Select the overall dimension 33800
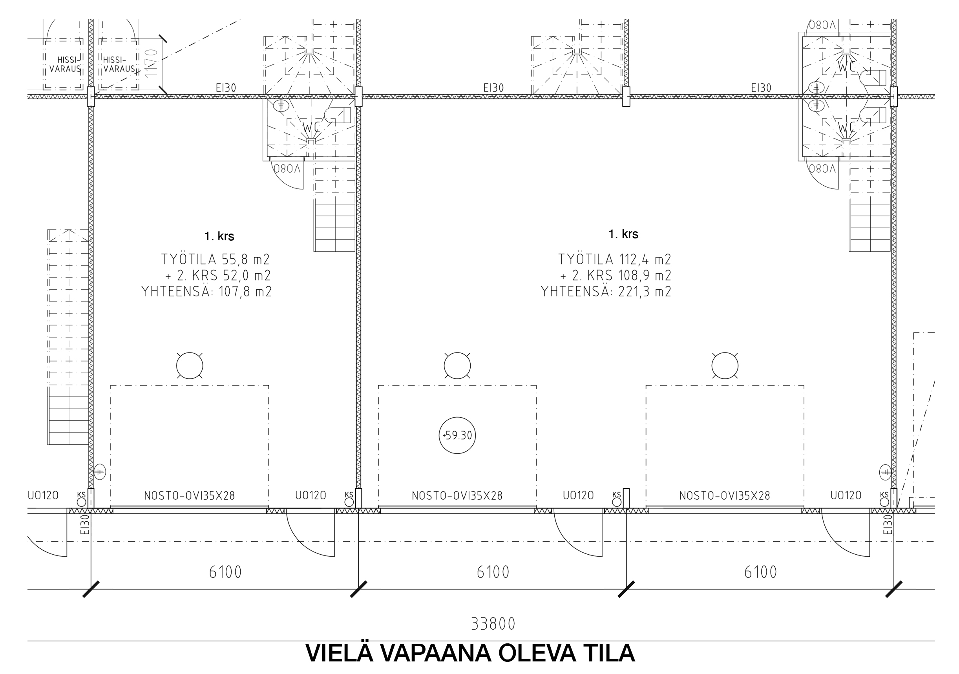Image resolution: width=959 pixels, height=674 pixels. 493,624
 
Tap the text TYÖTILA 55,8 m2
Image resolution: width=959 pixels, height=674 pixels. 216,259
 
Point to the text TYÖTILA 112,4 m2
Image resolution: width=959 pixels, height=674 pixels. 614,259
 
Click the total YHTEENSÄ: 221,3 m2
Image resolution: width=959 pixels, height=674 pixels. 606,291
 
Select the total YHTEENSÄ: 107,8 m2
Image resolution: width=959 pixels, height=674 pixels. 207,291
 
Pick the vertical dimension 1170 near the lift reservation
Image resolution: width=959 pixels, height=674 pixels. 152,63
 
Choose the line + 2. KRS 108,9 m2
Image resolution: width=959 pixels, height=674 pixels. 616,275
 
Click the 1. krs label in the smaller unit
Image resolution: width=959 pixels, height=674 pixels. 219,236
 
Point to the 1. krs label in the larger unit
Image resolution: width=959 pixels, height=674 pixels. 623,234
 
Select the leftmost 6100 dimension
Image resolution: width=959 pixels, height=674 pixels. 226,572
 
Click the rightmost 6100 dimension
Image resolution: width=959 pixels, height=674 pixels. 761,572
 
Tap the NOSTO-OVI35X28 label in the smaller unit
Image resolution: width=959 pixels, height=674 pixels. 190,496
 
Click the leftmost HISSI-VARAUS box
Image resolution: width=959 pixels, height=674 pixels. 64,64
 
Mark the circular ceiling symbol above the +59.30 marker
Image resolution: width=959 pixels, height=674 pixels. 457,366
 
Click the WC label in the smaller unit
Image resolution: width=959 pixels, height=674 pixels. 311,126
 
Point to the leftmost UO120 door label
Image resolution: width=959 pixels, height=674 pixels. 43,495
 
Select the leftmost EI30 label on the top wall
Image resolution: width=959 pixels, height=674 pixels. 226,88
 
